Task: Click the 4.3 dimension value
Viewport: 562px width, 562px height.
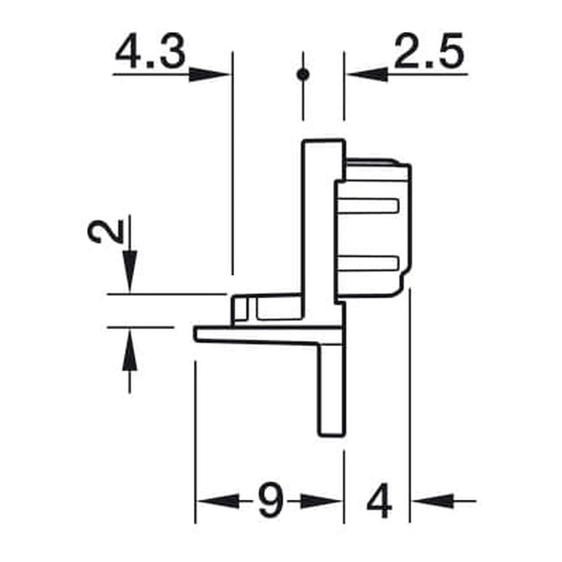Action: point(150,52)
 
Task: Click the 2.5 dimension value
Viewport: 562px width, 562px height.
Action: point(429,51)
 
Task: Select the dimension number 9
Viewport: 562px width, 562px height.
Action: point(271,500)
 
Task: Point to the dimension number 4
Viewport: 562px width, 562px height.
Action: point(379,501)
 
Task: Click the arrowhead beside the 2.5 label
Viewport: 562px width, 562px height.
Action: point(368,75)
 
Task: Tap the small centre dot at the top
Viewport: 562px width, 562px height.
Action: point(303,75)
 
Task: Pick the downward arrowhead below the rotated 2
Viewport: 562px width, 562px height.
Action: point(130,271)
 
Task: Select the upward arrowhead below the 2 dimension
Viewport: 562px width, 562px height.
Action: point(130,350)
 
